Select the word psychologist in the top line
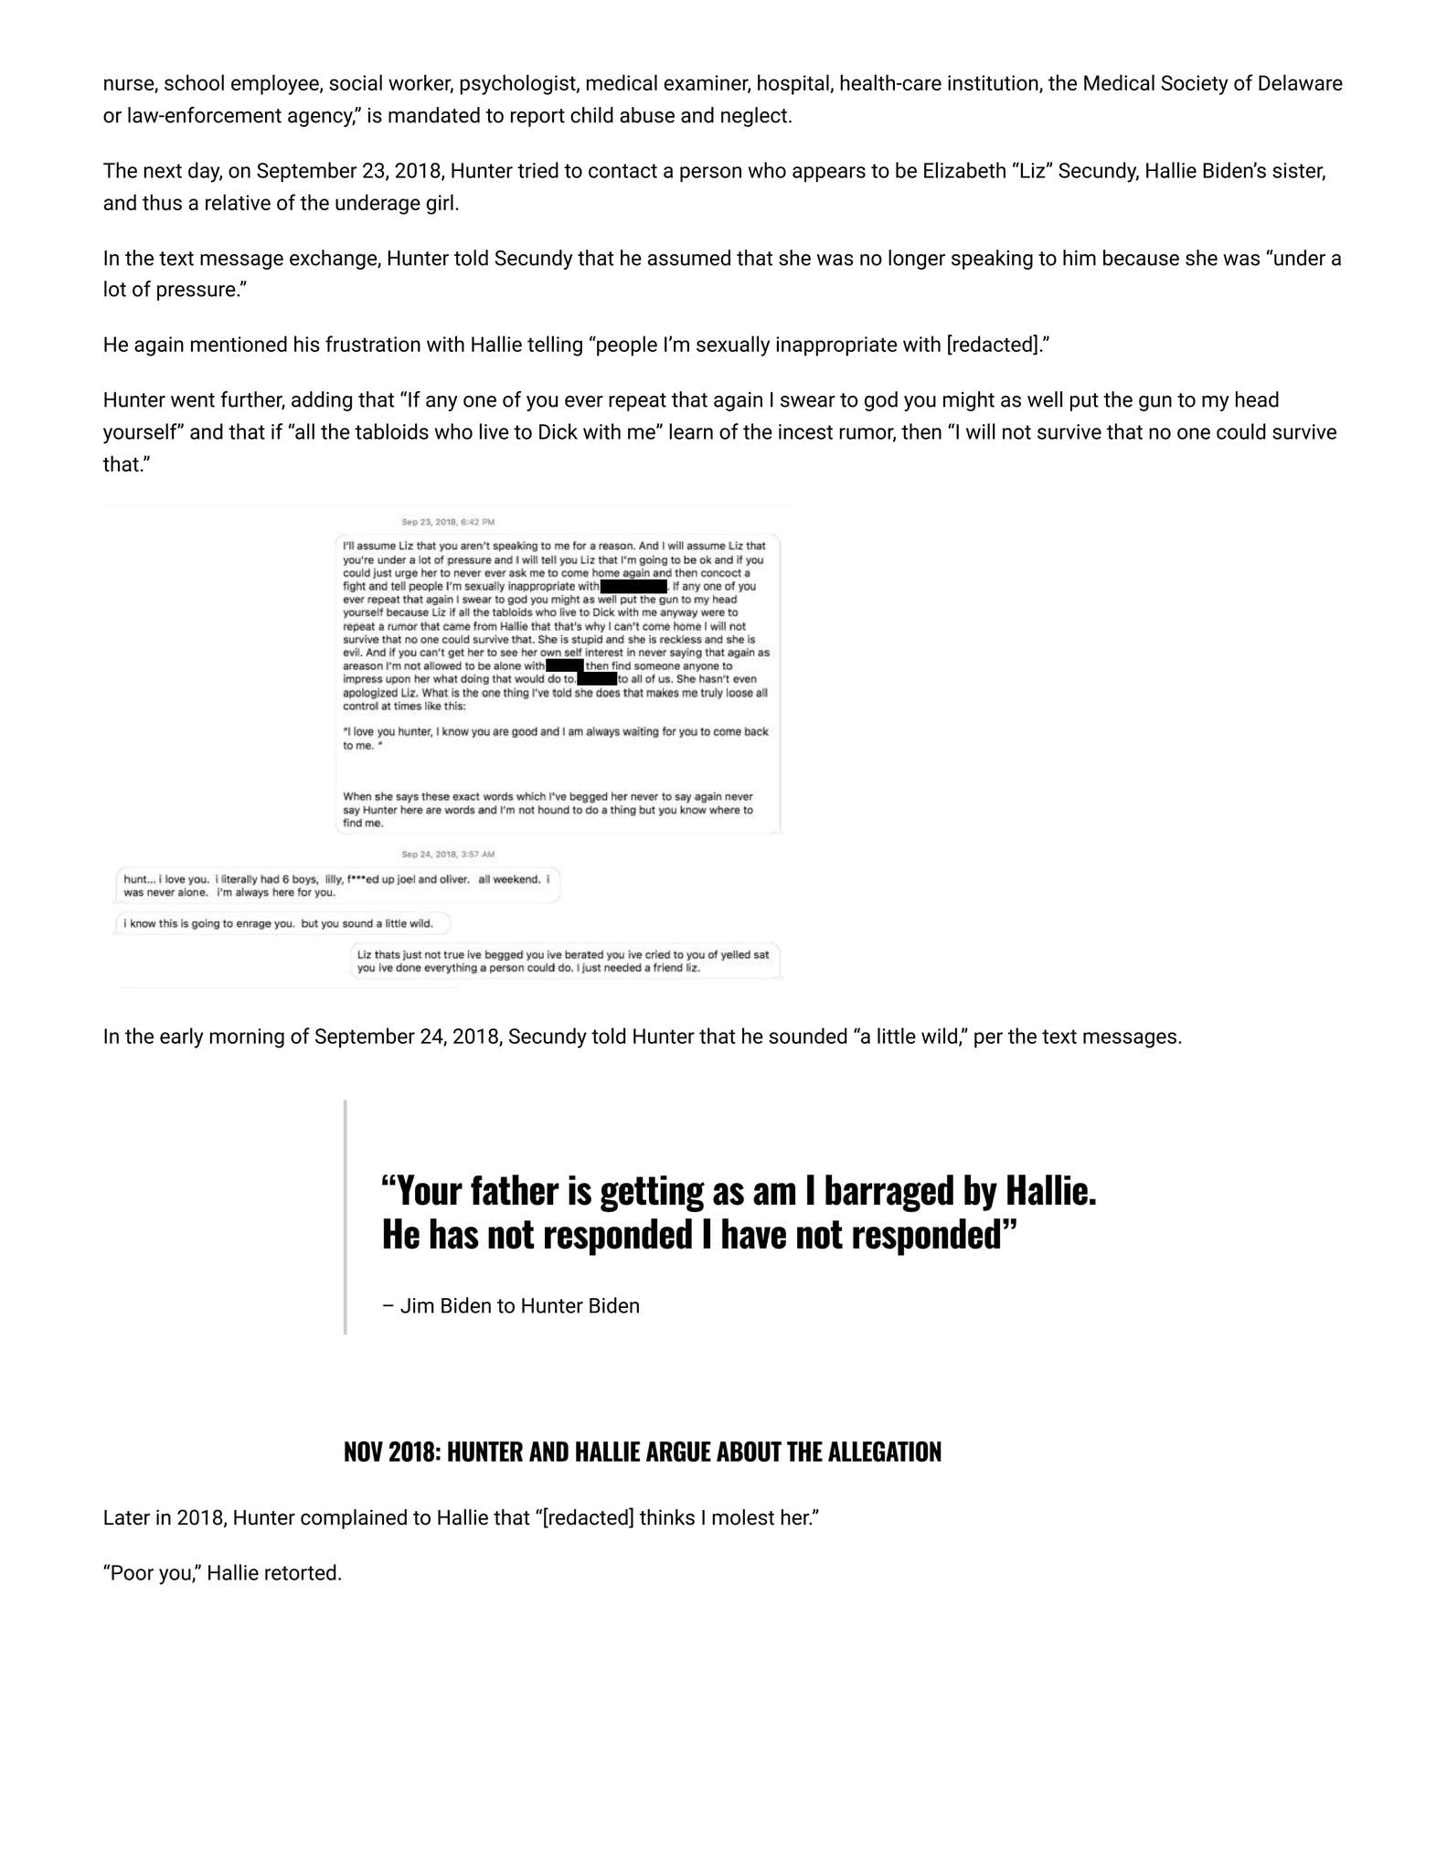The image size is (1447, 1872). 518,84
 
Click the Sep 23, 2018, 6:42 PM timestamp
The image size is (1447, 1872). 448,522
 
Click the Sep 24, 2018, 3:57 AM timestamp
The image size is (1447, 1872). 448,854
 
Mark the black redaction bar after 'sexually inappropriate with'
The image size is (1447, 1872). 633,586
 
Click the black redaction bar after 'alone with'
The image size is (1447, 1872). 564,666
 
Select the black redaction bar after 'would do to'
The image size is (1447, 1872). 597,679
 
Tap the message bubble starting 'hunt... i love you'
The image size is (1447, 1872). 336,885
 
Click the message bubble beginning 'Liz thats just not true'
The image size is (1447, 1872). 563,961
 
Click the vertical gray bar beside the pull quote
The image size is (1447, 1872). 345,1217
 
